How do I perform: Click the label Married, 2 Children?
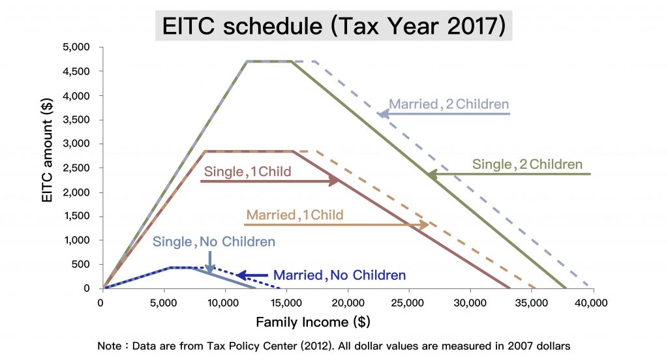(449, 104)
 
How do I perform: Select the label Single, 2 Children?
(527, 164)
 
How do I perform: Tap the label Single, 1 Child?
(247, 172)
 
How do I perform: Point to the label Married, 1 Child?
(294, 215)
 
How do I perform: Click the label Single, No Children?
(214, 241)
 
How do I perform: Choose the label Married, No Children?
(339, 275)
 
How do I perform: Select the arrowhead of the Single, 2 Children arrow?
(431, 174)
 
